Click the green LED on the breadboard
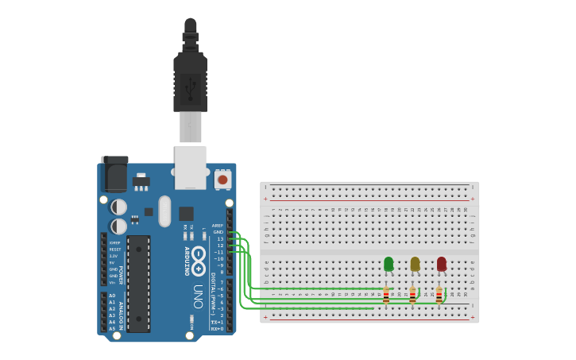coord(389,264)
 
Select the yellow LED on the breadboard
coord(415,264)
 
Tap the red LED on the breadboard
coord(441,264)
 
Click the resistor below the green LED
coord(386,296)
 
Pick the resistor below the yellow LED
coord(412,296)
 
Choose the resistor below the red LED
coord(439,296)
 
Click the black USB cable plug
coord(190,79)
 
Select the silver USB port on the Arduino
coord(191,167)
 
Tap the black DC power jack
coord(115,174)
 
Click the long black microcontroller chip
coord(138,284)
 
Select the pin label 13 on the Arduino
coord(220,238)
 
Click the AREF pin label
coord(218,225)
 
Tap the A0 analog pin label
coord(112,296)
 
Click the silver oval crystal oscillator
coord(164,211)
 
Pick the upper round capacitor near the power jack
coord(118,207)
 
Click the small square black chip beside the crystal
coord(186,213)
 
